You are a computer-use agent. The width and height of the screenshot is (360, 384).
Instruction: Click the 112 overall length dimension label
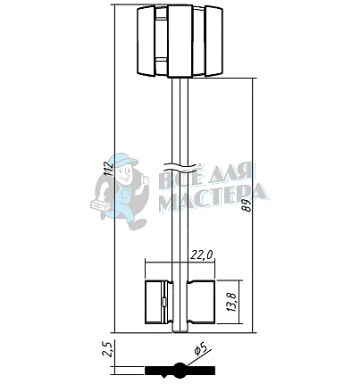pyautogui.click(x=110, y=168)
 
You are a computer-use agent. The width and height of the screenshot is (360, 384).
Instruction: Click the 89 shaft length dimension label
pyautogui.click(x=247, y=205)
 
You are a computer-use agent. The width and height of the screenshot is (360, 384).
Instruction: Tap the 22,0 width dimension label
pyautogui.click(x=202, y=255)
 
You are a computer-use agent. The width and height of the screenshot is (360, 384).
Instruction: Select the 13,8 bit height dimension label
pyautogui.click(x=232, y=302)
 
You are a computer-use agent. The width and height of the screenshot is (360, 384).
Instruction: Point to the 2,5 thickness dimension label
pyautogui.click(x=107, y=349)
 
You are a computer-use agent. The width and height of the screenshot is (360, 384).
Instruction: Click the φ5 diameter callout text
pyautogui.click(x=200, y=348)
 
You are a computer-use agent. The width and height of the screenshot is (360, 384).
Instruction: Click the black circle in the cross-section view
pyautogui.click(x=180, y=371)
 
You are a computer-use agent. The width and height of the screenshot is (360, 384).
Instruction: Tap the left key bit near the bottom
pyautogui.click(x=159, y=302)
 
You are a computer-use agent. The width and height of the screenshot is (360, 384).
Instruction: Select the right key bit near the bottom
pyautogui.click(x=201, y=302)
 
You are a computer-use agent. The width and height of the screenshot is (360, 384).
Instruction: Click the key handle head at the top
pyautogui.click(x=180, y=41)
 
